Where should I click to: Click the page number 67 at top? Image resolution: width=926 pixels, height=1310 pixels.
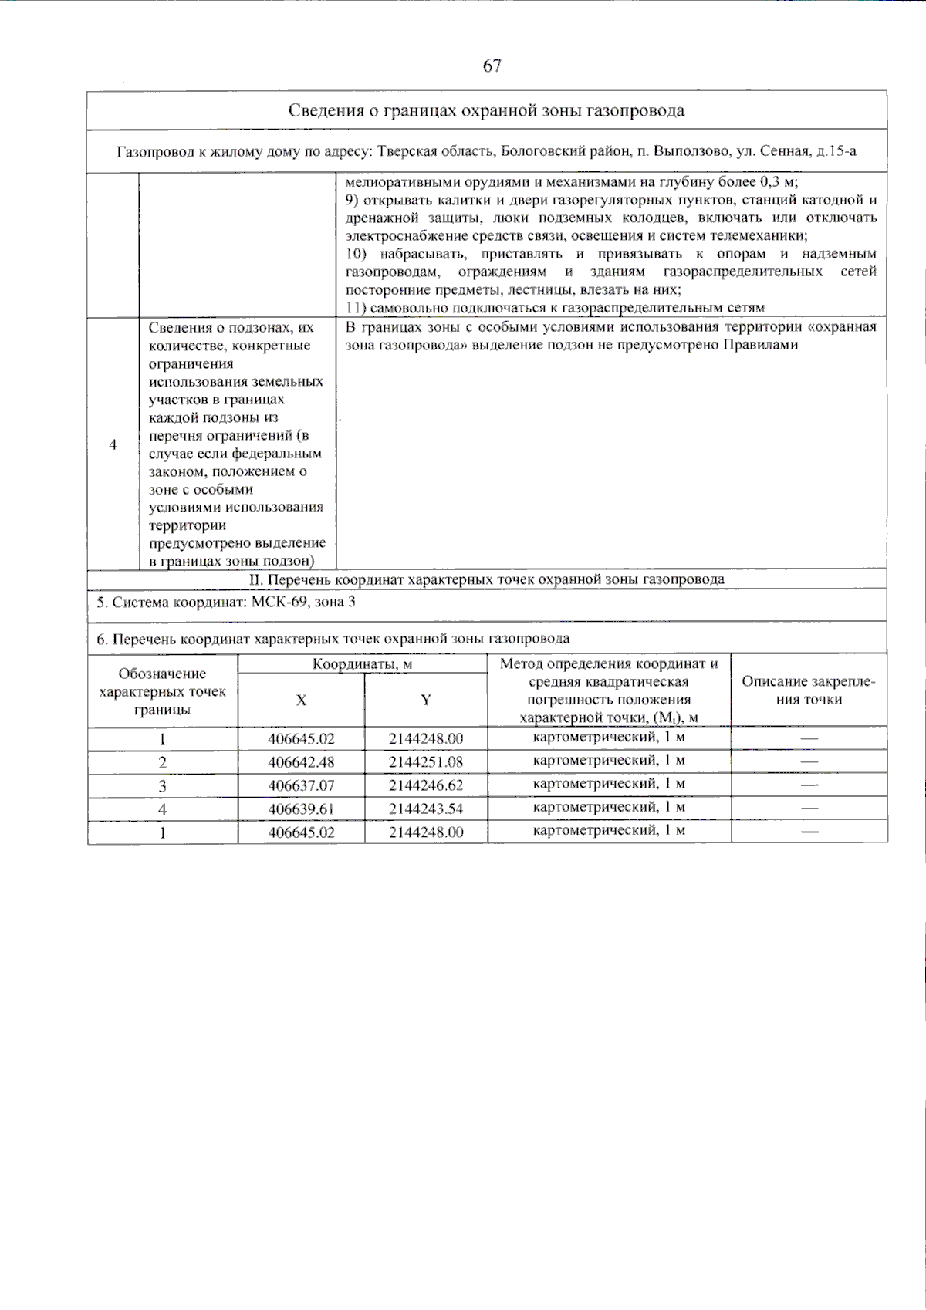(492, 66)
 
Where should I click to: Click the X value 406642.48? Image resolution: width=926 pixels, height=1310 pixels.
(301, 762)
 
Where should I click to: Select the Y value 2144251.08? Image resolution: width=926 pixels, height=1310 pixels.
(426, 762)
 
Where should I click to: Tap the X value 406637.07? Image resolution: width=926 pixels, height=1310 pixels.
(301, 785)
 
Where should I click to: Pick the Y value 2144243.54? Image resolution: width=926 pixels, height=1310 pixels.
(426, 809)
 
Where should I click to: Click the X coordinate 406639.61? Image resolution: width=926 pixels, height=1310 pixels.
(301, 809)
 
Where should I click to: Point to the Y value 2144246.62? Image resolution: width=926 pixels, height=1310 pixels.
(426, 785)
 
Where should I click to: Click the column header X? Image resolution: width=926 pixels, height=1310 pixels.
(301, 700)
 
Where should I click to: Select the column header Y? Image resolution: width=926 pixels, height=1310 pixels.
(426, 700)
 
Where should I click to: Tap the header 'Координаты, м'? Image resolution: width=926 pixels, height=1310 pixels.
(363, 663)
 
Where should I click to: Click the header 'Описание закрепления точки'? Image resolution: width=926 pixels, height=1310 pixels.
(808, 690)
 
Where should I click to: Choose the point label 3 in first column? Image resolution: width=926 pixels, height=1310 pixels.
(162, 786)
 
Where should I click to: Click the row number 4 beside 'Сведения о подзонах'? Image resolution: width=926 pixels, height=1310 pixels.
(113, 445)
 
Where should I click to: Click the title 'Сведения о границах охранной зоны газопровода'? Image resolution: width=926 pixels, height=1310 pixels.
(486, 110)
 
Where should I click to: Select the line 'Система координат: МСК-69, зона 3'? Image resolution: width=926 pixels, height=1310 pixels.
(226, 602)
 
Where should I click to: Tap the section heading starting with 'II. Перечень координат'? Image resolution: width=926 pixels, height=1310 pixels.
(486, 579)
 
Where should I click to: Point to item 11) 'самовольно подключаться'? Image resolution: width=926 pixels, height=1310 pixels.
(555, 307)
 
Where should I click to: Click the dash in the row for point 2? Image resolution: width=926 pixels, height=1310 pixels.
(808, 762)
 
